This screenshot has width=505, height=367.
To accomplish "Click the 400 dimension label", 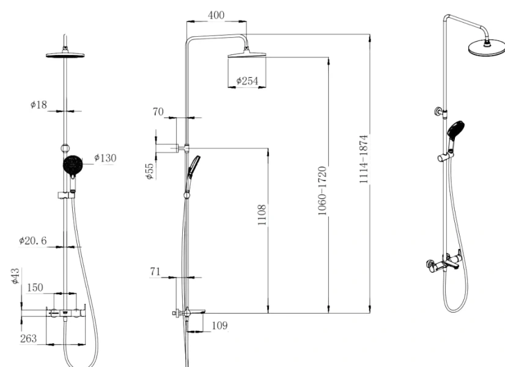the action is click(216, 15).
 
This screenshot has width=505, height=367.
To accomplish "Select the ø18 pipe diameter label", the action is click(39, 105).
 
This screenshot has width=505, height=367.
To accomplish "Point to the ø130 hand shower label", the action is click(105, 158).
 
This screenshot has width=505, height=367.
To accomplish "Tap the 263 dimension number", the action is click(28, 338).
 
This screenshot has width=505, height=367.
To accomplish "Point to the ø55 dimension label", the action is click(149, 170).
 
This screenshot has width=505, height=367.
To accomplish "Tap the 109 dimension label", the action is click(218, 325).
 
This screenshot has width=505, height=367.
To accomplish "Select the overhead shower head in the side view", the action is click(248, 54).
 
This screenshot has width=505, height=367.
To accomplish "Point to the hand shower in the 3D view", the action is click(455, 131).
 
